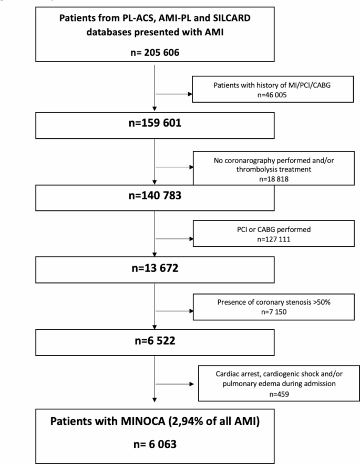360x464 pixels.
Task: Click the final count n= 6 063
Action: point(155,445)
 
